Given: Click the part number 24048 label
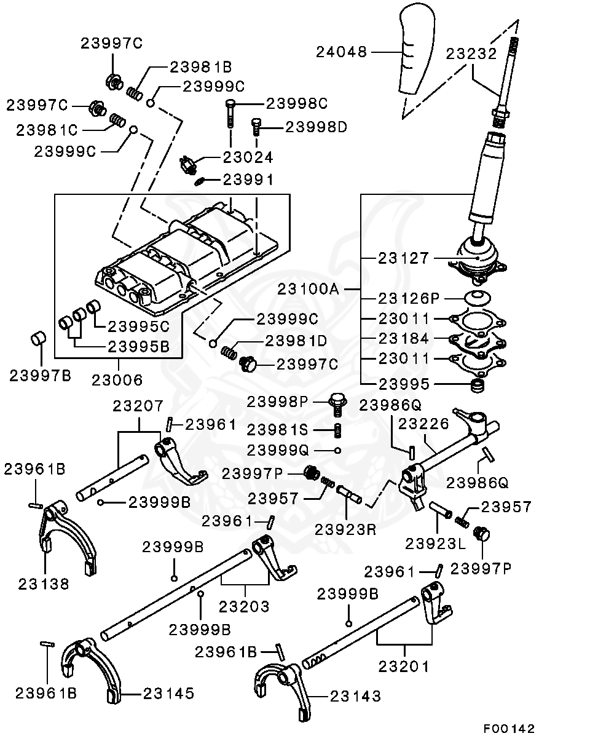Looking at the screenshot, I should coord(341,52).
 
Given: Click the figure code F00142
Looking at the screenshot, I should coord(508,729).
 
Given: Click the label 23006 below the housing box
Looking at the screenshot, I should coord(117,380).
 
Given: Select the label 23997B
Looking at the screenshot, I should coord(40,375).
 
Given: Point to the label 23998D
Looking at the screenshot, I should coord(317,127).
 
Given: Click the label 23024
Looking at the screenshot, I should coord(247,157).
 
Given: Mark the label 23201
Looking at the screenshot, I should coord(403,666).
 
